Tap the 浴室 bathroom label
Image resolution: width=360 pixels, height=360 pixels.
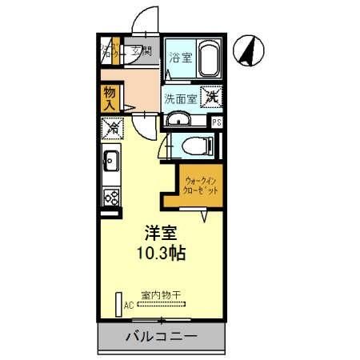pyautogui.click(x=181, y=58)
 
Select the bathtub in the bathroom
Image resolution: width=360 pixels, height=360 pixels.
pyautogui.click(x=207, y=60)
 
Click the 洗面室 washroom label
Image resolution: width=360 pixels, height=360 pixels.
pyautogui.click(x=180, y=98)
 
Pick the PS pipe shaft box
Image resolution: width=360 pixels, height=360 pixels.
pyautogui.click(x=215, y=121)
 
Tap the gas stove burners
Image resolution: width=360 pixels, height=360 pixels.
pyautogui.click(x=112, y=194)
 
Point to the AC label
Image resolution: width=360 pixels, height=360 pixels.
pyautogui.click(x=127, y=306)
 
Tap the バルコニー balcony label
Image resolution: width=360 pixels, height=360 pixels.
pyautogui.click(x=160, y=336)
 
